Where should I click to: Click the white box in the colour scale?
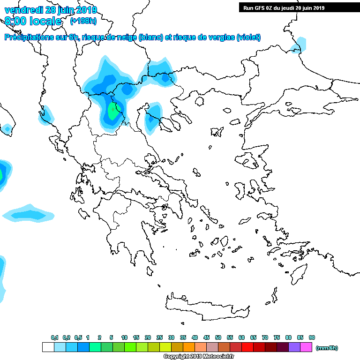[48, 347]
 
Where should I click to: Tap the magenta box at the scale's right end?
[306, 347]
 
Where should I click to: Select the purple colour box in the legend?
[294, 347]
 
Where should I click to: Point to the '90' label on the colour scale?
[312, 337]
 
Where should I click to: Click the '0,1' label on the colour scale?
[54, 337]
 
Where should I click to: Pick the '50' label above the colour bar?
[218, 337]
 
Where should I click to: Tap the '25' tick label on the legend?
[159, 337]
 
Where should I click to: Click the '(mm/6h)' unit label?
[327, 348]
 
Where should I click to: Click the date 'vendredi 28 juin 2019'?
[51, 10]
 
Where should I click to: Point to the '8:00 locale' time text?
[33, 21]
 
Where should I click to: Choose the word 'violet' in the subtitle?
[248, 37]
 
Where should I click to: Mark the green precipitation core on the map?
[113, 112]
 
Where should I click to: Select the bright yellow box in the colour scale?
[165, 347]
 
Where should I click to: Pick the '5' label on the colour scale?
[111, 337]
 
